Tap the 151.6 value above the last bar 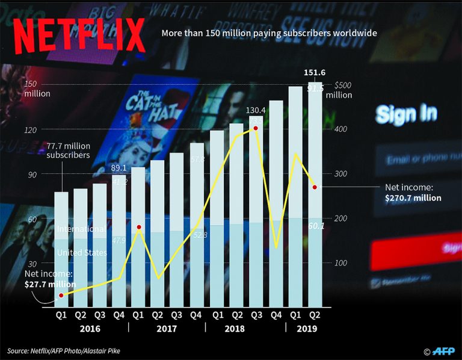[315, 73]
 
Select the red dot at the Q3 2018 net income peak [256, 128]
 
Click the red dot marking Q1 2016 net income [61, 296]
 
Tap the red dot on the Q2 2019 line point [315, 187]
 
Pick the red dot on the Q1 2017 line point [139, 227]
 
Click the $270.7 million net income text [413, 198]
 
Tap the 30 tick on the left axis [29, 264]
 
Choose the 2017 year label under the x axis [167, 329]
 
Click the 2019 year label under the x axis [306, 329]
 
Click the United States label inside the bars [82, 253]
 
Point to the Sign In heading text [406, 113]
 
